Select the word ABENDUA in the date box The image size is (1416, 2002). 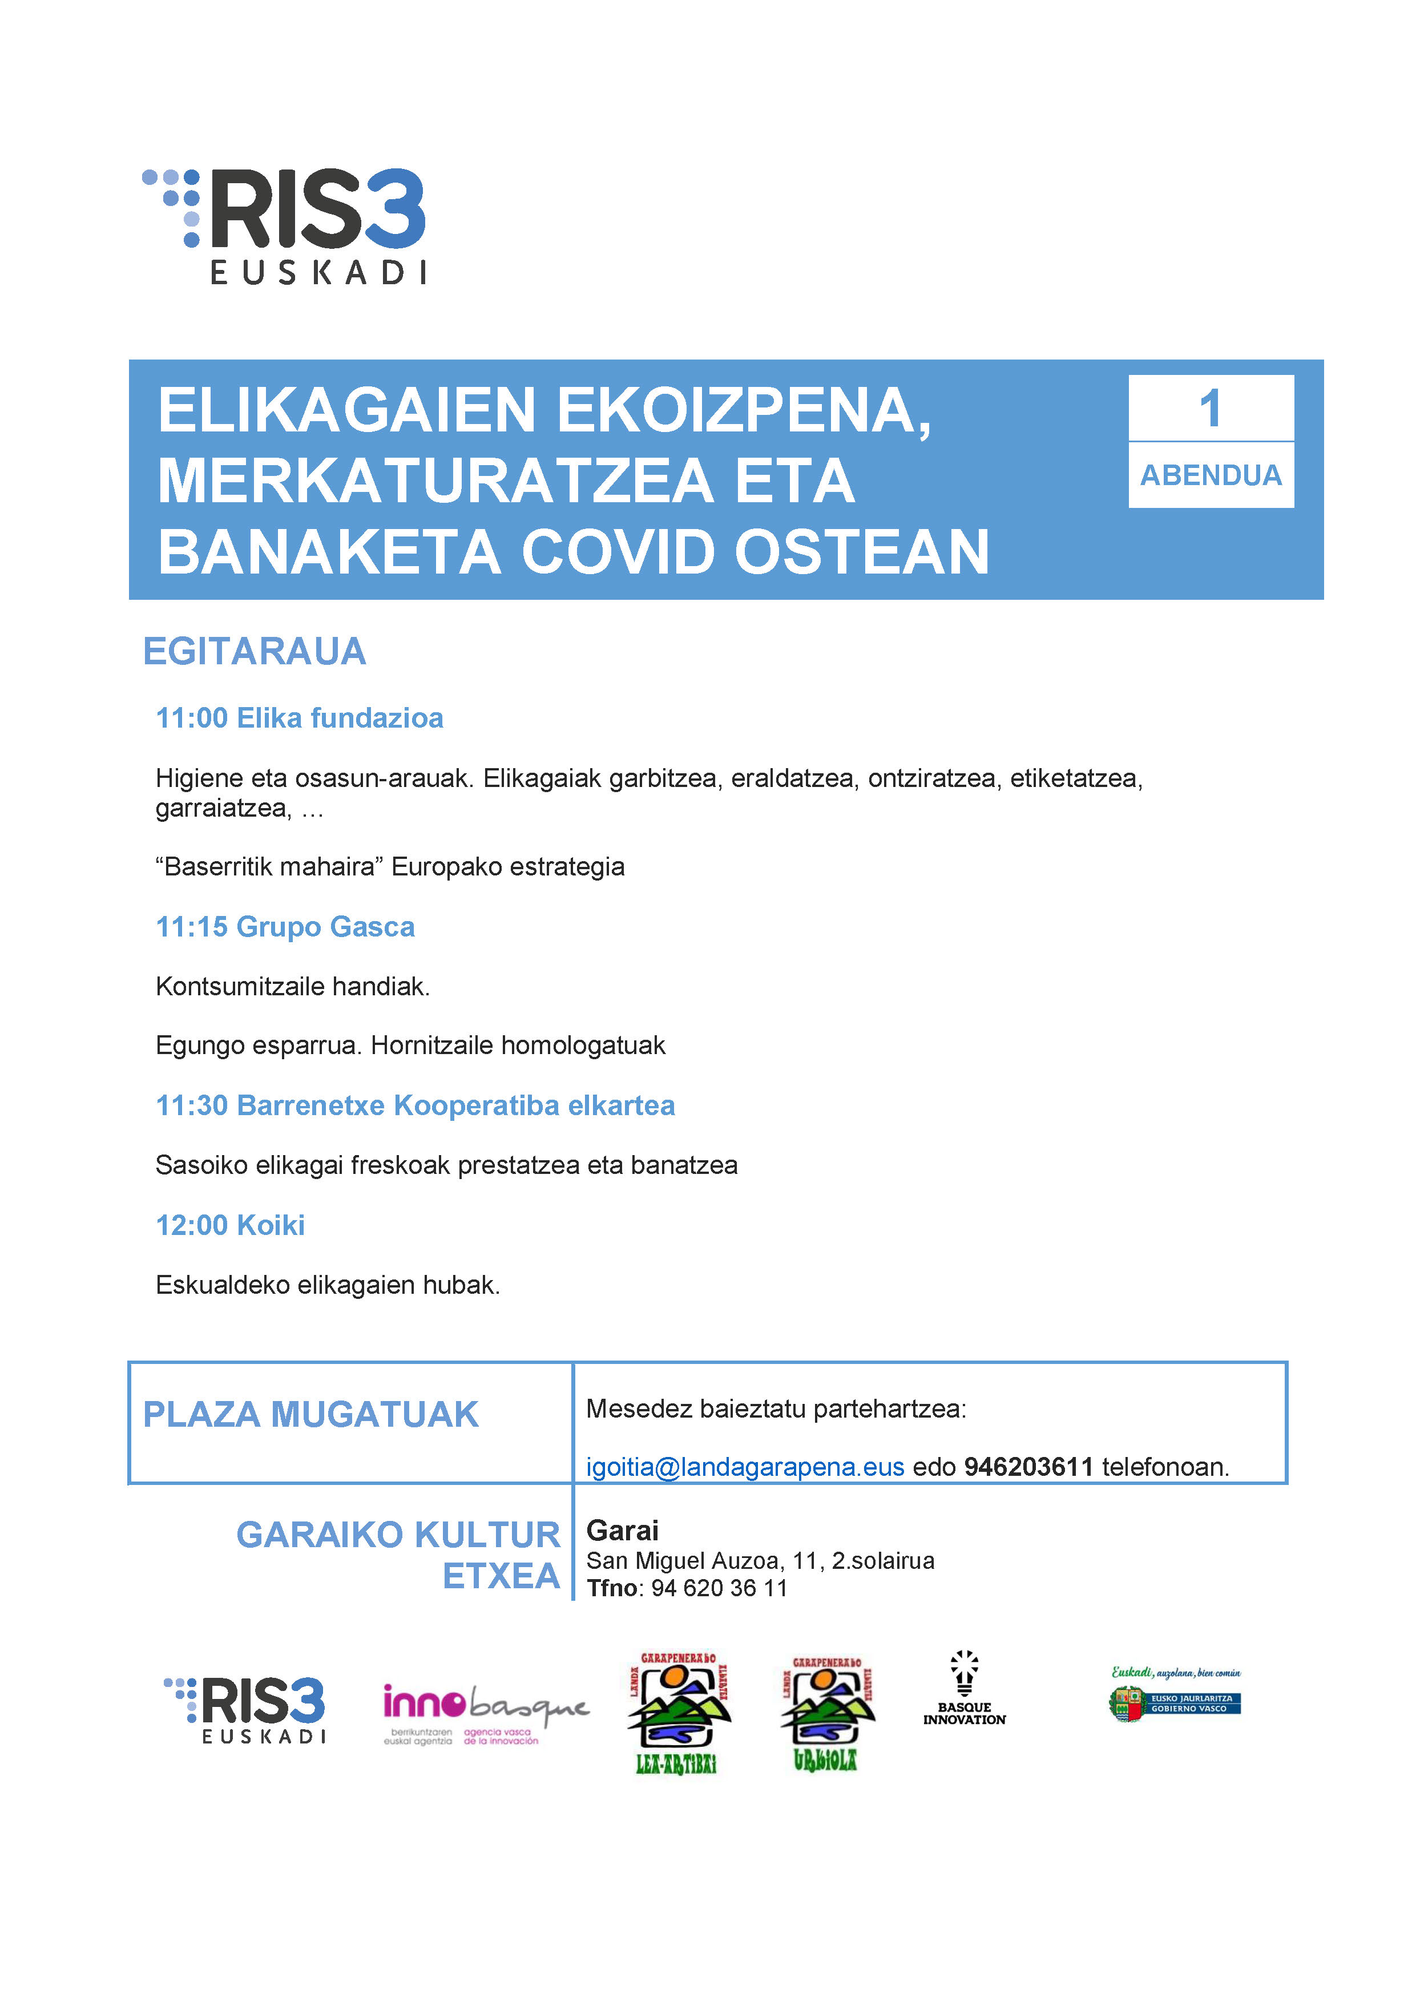click(x=1211, y=475)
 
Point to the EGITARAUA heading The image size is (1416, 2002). click(x=254, y=651)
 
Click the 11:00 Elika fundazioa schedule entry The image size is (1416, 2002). click(x=299, y=717)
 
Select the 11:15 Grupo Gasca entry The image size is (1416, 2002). click(x=285, y=926)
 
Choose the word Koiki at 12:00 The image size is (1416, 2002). click(x=271, y=1225)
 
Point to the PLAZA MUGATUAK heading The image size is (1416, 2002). click(x=310, y=1414)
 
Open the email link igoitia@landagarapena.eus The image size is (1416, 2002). click(x=745, y=1467)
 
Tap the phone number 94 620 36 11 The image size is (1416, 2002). click(x=719, y=1588)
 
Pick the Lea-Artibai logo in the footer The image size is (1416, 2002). click(x=677, y=1713)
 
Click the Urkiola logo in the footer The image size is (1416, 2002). click(x=826, y=1713)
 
